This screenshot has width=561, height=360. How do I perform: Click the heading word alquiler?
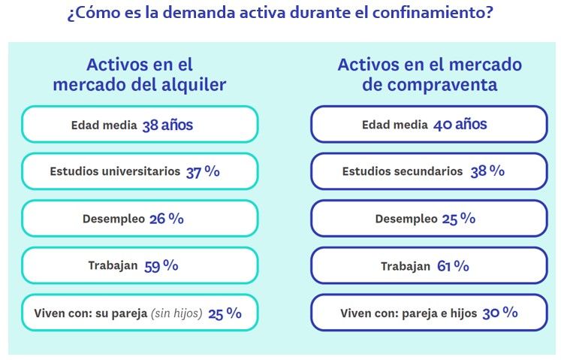point(191,85)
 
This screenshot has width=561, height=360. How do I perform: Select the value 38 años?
point(167,125)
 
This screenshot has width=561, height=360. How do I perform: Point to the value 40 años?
point(460,125)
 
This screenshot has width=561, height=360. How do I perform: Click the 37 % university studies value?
point(203,171)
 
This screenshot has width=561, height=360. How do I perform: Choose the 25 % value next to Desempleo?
point(458,219)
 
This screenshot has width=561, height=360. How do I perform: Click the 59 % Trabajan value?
point(161,265)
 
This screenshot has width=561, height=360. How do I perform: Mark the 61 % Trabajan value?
point(453,265)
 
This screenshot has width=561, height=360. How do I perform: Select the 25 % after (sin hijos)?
point(225,313)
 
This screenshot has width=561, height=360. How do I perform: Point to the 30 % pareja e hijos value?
point(500,313)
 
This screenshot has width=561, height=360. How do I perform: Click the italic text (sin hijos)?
point(177,313)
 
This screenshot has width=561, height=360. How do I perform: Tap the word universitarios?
point(142,171)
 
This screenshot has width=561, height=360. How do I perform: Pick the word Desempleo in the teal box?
point(113,219)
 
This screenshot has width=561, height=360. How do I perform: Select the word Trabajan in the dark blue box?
point(406,266)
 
